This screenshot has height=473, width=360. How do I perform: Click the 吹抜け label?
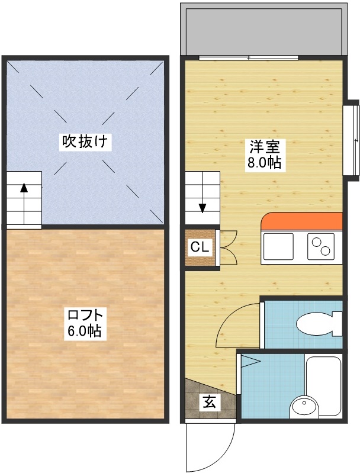(86, 141)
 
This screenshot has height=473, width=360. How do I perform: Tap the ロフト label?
(86, 315)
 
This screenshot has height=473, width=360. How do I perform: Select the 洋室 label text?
(260, 146)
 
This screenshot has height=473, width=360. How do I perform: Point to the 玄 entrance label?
(210, 402)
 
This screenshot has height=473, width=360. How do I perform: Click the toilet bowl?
(317, 324)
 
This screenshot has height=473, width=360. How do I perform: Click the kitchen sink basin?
(278, 246)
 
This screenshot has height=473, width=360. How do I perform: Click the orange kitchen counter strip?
(302, 221)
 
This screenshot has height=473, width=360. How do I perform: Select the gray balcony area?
(263, 30)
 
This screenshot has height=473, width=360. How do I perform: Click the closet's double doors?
(228, 247)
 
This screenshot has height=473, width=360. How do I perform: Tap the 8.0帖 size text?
(263, 162)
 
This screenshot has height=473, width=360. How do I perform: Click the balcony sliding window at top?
(249, 57)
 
